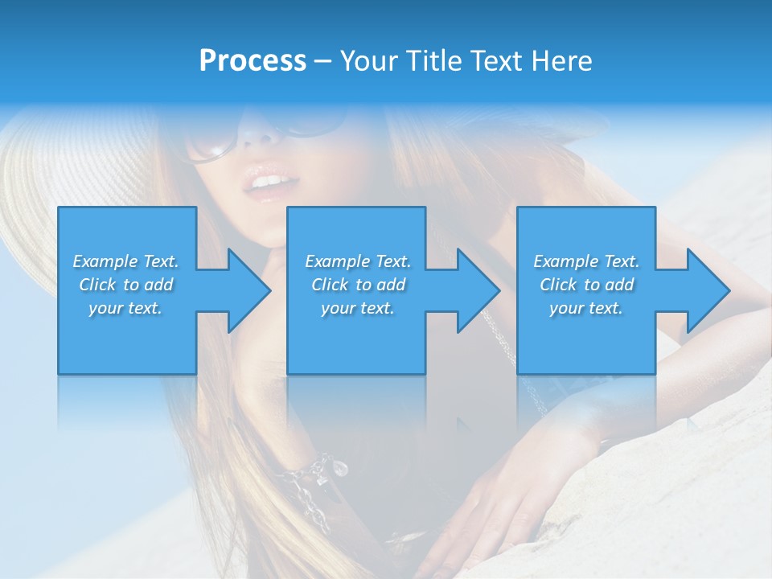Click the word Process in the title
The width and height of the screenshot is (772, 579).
tap(253, 61)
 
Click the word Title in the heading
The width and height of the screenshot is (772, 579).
tap(432, 61)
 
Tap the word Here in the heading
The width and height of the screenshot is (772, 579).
tap(561, 61)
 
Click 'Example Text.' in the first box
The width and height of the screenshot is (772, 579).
tap(125, 261)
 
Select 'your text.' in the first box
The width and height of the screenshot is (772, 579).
tap(125, 308)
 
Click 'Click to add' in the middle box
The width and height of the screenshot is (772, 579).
tap(358, 285)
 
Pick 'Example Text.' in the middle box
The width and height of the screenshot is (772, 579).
tap(358, 261)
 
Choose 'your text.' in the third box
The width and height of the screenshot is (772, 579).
tap(586, 308)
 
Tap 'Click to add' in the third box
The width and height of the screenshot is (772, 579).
tap(586, 285)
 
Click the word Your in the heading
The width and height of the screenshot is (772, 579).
tap(371, 61)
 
